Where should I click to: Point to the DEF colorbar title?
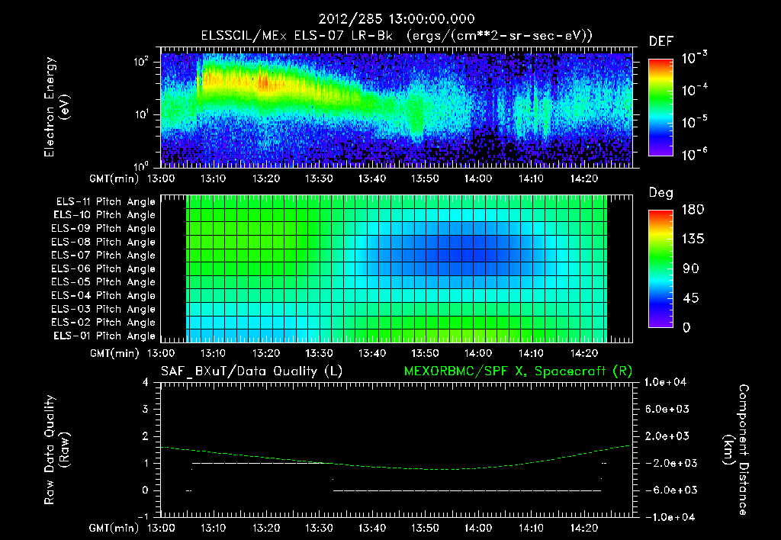tap(660, 41)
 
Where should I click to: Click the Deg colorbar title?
tap(660, 193)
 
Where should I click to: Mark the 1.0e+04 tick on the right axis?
tap(668, 382)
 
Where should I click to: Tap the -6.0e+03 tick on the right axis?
tap(668, 490)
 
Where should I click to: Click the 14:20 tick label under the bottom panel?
tap(581, 527)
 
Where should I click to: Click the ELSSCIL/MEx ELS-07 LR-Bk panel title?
tap(397, 35)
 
